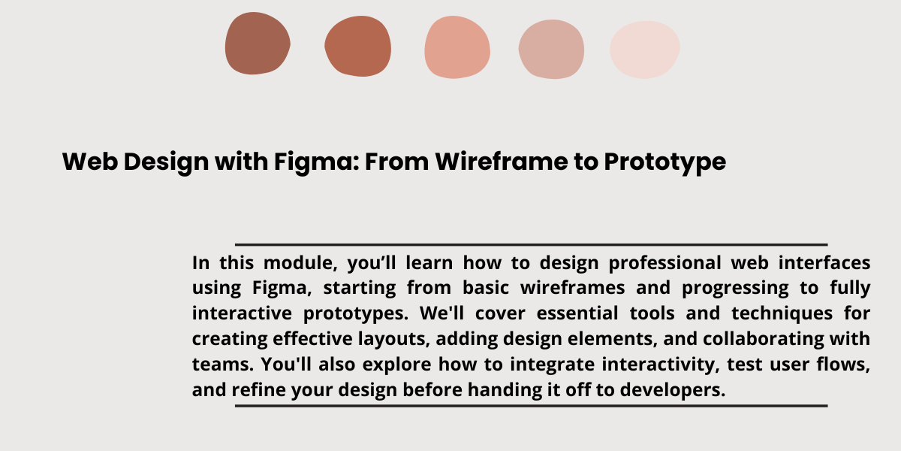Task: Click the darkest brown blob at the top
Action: pyautogui.click(x=258, y=44)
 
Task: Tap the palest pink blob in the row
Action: pyautogui.click(x=645, y=50)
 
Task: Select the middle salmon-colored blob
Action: pyautogui.click(x=457, y=47)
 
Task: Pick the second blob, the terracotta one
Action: pyautogui.click(x=357, y=47)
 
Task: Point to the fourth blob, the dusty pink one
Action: pyautogui.click(x=551, y=49)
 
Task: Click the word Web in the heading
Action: pyautogui.click(x=90, y=162)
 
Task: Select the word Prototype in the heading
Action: pyautogui.click(x=665, y=162)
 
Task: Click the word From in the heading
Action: pyautogui.click(x=396, y=162)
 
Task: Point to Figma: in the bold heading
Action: pyautogui.click(x=317, y=162)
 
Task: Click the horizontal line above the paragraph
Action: pyautogui.click(x=532, y=244)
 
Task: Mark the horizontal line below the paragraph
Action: pyautogui.click(x=532, y=406)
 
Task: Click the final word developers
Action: pyautogui.click(x=673, y=390)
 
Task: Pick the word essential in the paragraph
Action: pyautogui.click(x=577, y=313)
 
